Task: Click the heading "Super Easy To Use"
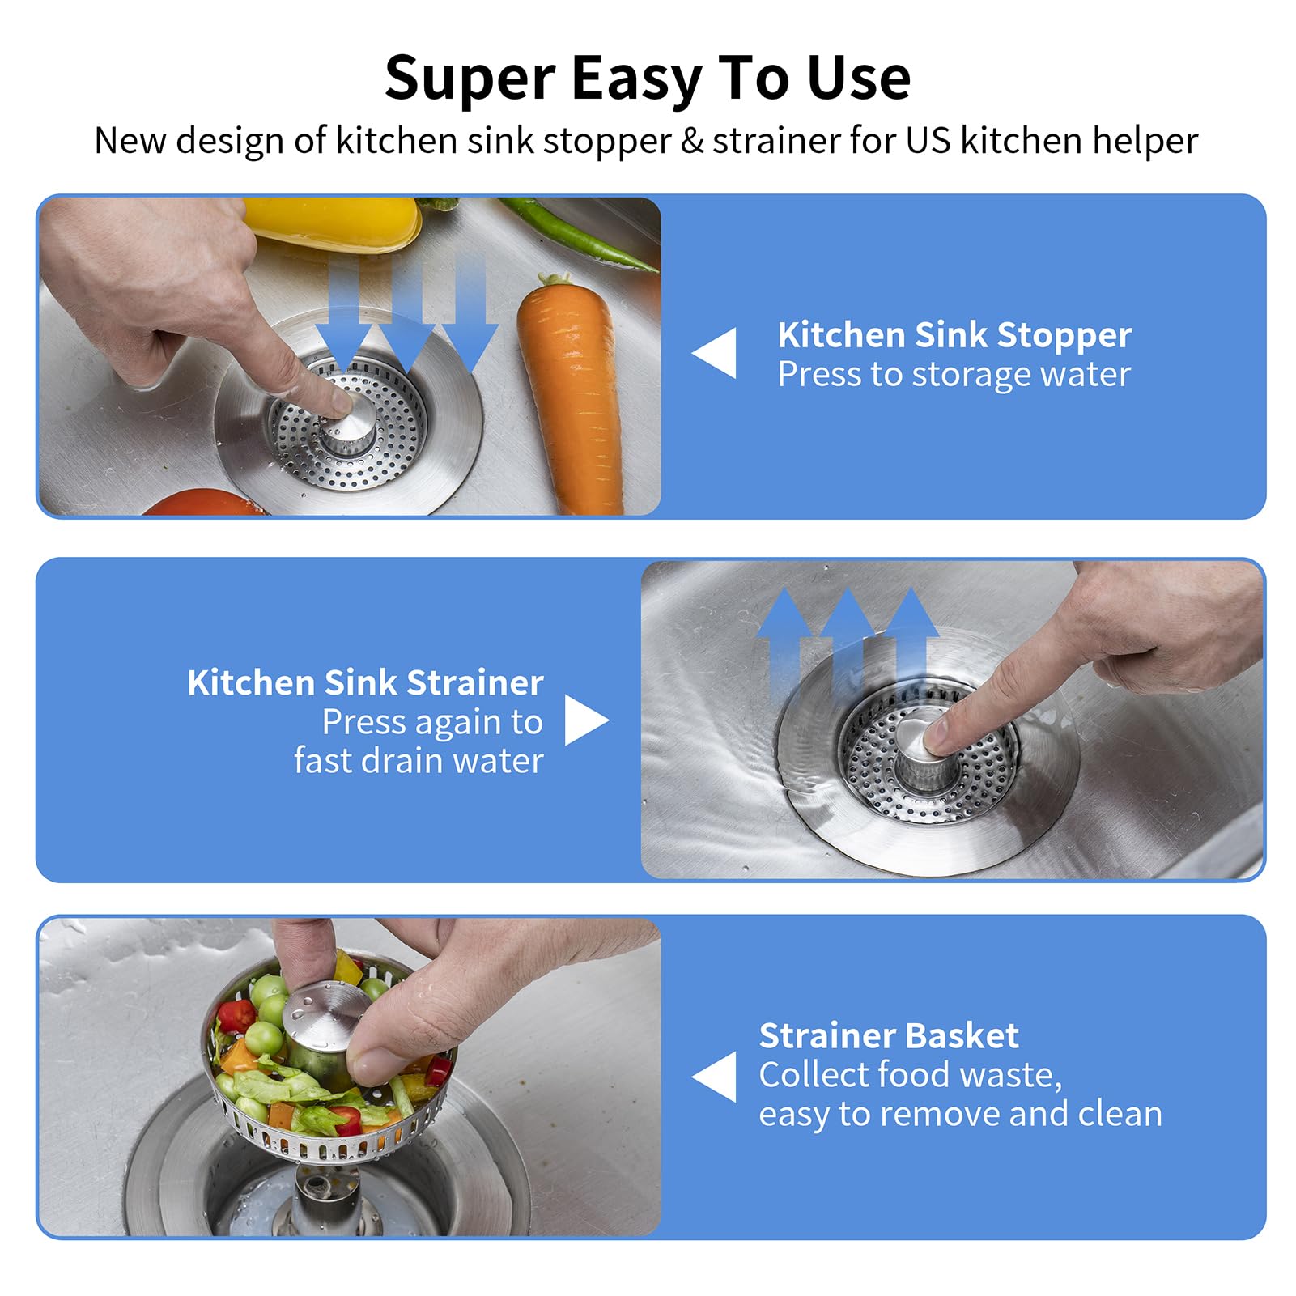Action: (x=648, y=79)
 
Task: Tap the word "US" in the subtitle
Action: (x=928, y=141)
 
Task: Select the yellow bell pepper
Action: (x=332, y=222)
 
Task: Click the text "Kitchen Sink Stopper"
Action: (x=954, y=335)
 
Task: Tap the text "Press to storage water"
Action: (x=954, y=375)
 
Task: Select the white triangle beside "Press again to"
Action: (x=584, y=720)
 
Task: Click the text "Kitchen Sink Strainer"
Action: (x=365, y=682)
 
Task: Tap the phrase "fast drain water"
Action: (x=419, y=761)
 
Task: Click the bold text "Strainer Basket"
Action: (x=888, y=1035)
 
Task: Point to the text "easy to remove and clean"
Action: (x=960, y=1114)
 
